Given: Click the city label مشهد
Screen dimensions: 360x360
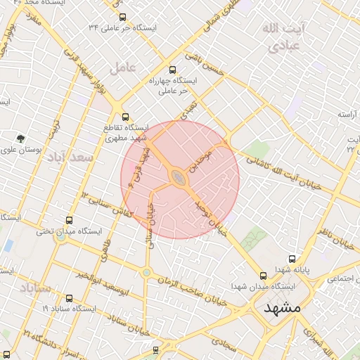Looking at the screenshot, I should coord(283,307).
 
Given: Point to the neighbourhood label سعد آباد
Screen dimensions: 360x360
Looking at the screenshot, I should coord(70,158).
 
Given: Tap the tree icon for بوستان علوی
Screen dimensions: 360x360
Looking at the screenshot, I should coord(22,138).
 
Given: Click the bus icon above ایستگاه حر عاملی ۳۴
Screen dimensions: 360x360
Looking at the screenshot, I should coord(123,17).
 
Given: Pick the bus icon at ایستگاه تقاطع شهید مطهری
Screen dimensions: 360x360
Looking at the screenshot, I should coord(125,117).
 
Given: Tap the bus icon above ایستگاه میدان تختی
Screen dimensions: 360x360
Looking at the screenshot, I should coord(69,220).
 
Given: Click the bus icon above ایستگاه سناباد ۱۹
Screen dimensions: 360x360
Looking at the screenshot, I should coord(69,297).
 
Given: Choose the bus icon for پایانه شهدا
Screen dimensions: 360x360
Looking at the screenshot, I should coord(291,259).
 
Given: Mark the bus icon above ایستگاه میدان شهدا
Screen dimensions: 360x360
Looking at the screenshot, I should coord(263,276).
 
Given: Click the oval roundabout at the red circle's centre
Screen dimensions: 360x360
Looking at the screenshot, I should coord(179,179).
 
